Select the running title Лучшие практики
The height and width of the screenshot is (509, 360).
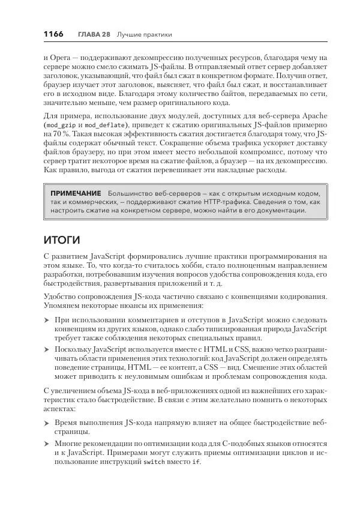click(x=144, y=34)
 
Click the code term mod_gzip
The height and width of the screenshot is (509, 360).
click(x=61, y=125)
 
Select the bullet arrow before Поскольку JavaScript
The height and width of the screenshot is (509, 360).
click(x=47, y=349)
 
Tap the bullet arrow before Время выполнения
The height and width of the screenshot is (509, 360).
click(x=47, y=424)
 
